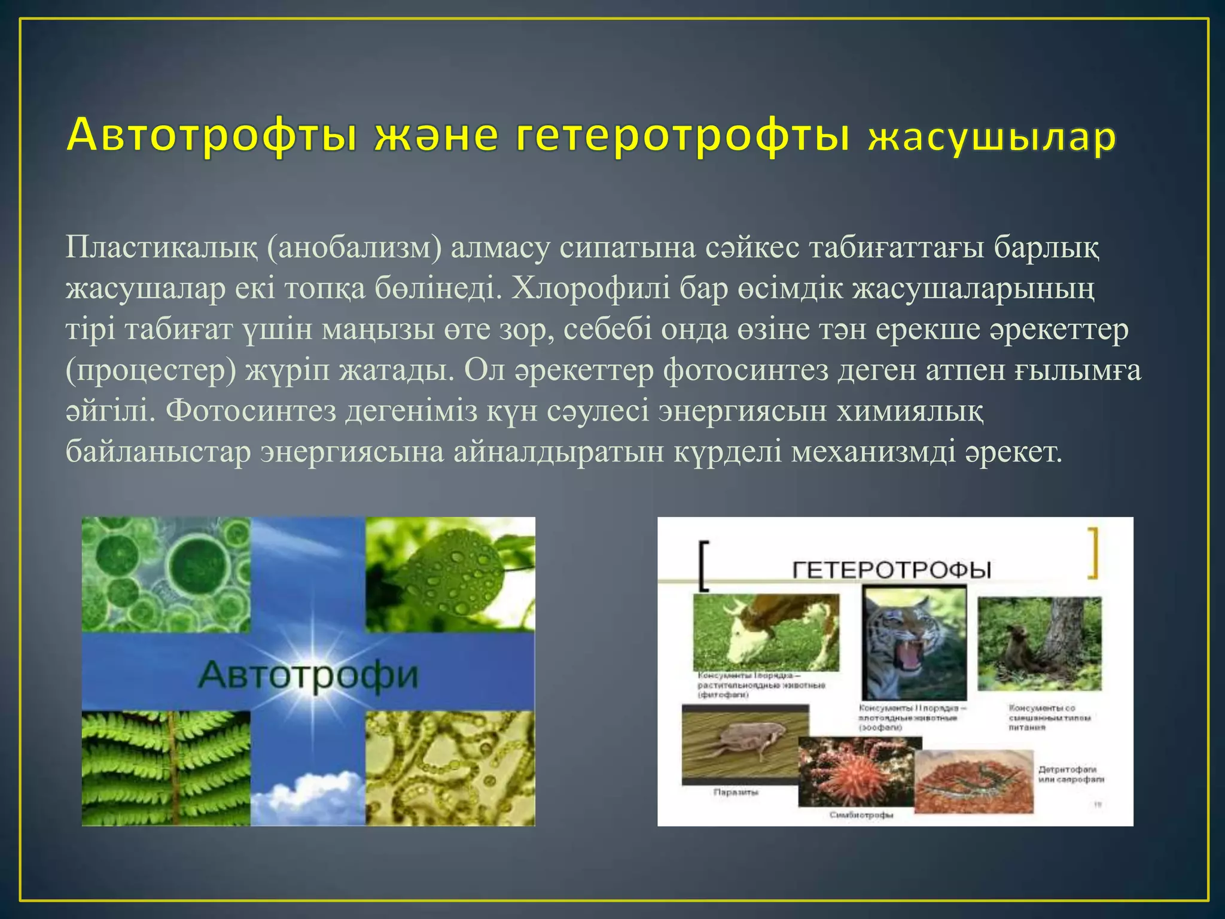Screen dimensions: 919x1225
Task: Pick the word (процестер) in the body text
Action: [150, 370]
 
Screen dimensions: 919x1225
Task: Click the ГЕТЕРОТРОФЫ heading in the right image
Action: [892, 569]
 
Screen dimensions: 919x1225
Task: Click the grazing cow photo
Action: [766, 632]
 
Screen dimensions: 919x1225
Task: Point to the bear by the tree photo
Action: [1039, 643]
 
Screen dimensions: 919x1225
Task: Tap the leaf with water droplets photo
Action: [450, 574]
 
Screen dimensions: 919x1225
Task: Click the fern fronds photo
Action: [166, 768]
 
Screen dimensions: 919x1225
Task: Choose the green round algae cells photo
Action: [166, 574]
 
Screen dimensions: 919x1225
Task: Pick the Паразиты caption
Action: [736, 792]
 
